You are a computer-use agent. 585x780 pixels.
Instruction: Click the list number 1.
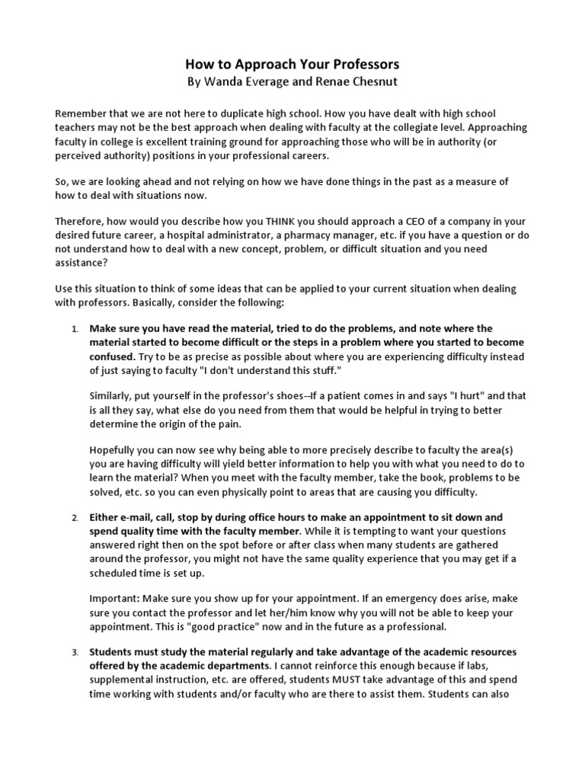coord(75,330)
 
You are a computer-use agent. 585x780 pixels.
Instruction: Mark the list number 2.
coord(75,517)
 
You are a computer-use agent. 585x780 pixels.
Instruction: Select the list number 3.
coord(75,653)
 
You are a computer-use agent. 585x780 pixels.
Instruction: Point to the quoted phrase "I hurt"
coord(469,397)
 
